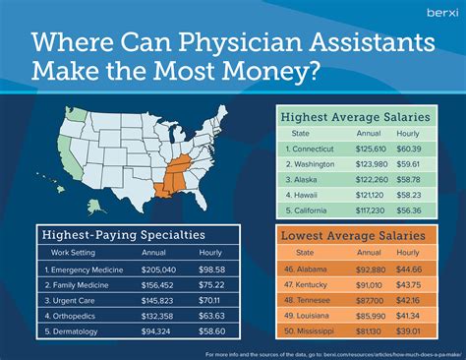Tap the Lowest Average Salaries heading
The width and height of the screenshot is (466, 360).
(x=356, y=237)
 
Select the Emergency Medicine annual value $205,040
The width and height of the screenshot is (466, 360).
(x=158, y=270)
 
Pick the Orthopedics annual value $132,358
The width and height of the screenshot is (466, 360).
(x=158, y=317)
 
